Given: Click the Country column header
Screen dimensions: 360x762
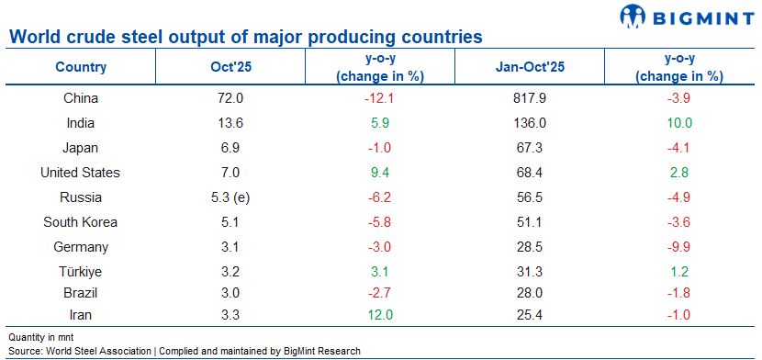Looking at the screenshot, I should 81,67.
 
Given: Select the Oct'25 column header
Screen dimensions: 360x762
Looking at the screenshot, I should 226,67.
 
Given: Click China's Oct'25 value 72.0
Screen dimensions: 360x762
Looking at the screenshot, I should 226,97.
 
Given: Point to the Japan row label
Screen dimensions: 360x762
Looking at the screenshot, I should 81,147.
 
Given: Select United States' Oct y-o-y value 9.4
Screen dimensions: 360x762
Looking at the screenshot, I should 379,172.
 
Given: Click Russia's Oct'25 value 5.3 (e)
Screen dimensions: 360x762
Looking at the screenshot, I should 226,197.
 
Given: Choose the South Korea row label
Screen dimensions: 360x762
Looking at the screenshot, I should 81,221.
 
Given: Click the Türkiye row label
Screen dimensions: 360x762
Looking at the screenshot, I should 81,271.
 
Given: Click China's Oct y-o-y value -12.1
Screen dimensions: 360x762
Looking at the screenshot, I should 379,97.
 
